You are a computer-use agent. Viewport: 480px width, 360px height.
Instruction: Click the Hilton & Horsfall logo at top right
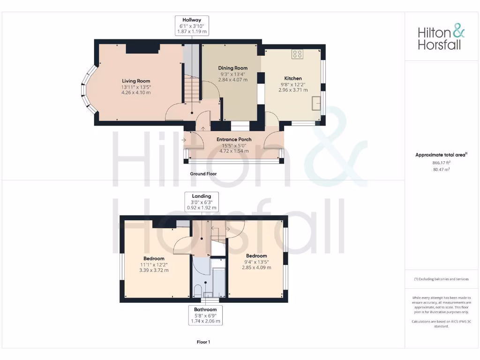click(441, 38)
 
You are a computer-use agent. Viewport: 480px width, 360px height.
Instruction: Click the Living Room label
click(136, 81)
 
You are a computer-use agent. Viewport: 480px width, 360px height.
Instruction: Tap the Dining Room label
click(232, 68)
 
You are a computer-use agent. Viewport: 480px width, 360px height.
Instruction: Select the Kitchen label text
click(293, 78)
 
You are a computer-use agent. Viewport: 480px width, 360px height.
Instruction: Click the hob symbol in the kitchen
click(297, 54)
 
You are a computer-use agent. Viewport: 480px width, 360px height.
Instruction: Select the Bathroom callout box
click(205, 315)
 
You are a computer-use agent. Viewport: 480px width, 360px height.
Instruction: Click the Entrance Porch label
click(233, 139)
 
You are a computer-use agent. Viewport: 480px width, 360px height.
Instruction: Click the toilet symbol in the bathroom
click(198, 291)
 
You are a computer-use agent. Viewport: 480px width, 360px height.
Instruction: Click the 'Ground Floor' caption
click(203, 173)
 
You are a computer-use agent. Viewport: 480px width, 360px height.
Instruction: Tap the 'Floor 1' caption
click(203, 342)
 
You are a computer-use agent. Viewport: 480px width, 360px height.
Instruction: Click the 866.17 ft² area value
click(441, 163)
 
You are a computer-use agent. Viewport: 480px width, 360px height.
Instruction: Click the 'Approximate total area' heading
click(440, 155)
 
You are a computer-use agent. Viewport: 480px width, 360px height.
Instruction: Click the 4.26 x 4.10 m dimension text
click(136, 93)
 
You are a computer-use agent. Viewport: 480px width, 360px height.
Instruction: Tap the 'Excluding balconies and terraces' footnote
click(441, 279)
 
